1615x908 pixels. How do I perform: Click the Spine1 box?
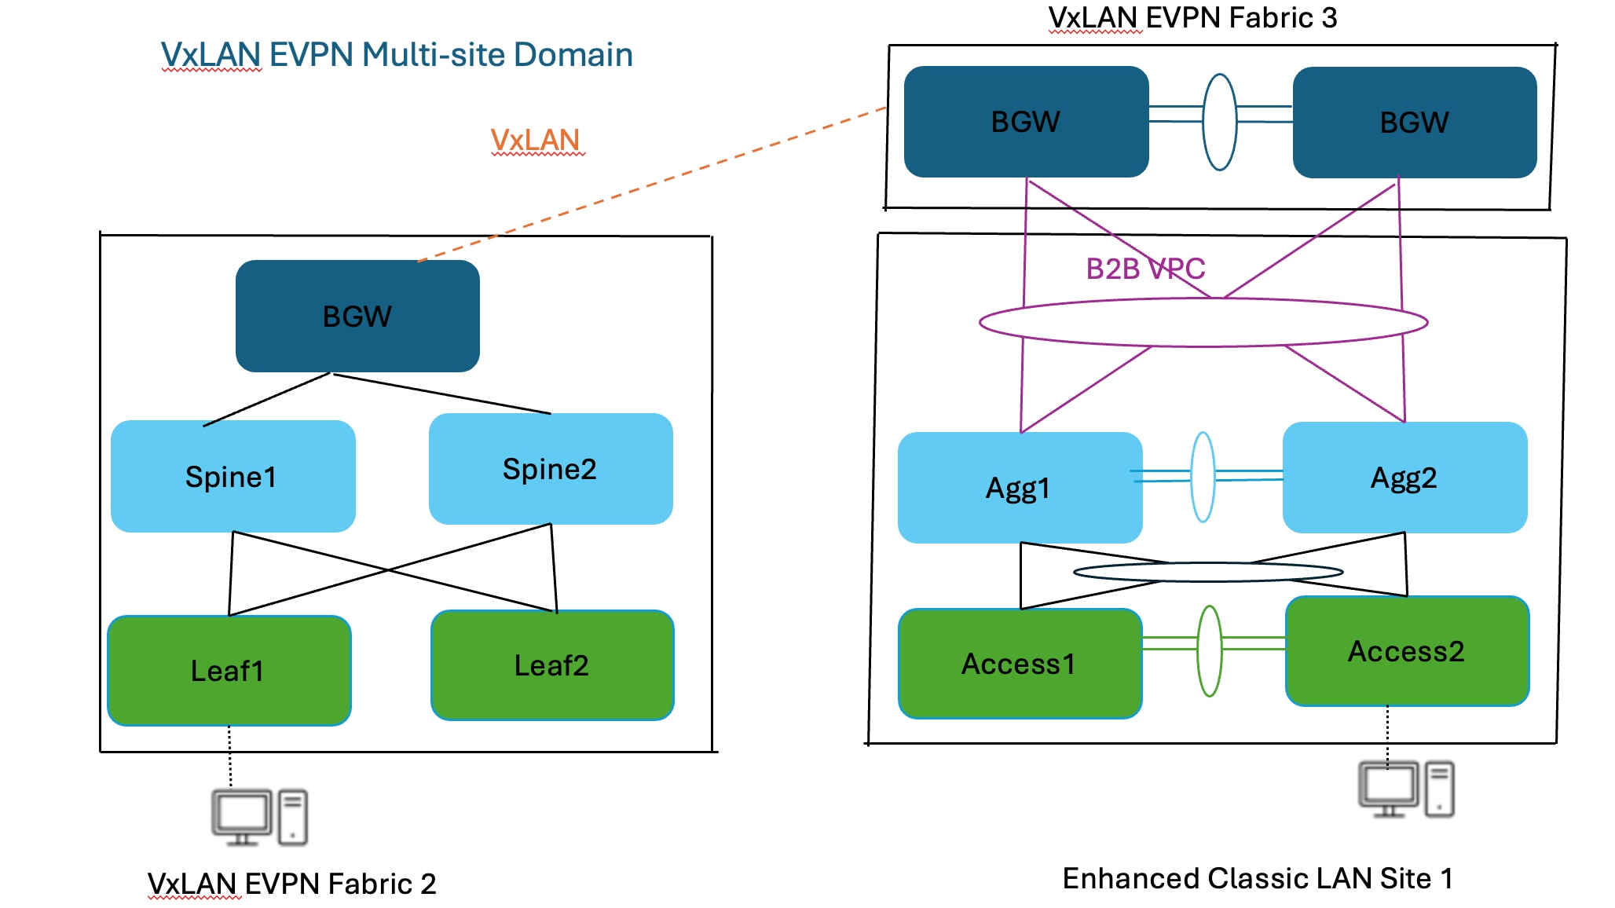click(x=233, y=476)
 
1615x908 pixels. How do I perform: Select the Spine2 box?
click(x=550, y=469)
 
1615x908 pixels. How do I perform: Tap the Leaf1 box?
click(x=229, y=670)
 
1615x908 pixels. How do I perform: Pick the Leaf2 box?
click(x=552, y=665)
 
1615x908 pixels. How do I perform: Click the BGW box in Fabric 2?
click(x=357, y=316)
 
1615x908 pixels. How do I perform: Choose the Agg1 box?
click(x=1019, y=488)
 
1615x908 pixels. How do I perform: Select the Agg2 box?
click(x=1404, y=478)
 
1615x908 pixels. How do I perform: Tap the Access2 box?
click(x=1407, y=651)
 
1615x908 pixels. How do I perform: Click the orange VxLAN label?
click(x=536, y=140)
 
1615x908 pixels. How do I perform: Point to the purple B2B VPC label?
click(x=1145, y=269)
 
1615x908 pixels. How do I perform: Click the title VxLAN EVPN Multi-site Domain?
click(x=397, y=54)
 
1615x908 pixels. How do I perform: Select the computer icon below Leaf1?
click(x=259, y=818)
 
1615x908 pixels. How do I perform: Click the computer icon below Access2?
click(x=1406, y=789)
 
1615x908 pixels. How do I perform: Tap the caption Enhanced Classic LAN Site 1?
click(x=1258, y=878)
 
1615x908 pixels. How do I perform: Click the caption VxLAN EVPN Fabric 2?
click(x=291, y=884)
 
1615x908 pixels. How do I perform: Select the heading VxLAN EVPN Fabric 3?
click(x=1192, y=17)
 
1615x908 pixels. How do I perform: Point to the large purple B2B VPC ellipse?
click(x=1203, y=322)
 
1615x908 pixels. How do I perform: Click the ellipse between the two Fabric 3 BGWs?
click(x=1220, y=122)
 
